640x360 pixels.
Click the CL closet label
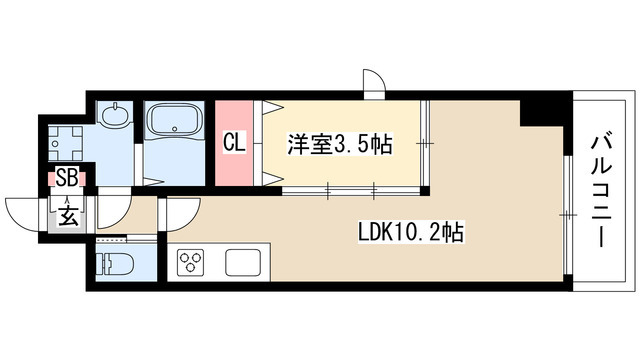tap(234, 143)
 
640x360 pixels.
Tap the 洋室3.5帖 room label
tap(340, 144)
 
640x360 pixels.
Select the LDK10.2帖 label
tap(411, 233)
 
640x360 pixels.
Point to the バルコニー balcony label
tap(602, 192)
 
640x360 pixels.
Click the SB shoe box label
tap(67, 178)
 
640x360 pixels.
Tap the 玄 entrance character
tap(68, 215)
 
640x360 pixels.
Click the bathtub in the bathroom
tap(175, 120)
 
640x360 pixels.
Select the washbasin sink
tap(116, 116)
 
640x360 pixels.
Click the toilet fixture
tap(117, 263)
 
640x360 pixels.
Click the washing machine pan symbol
tap(65, 143)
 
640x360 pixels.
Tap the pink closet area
tap(234, 143)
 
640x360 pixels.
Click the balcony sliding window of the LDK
tap(568, 215)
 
